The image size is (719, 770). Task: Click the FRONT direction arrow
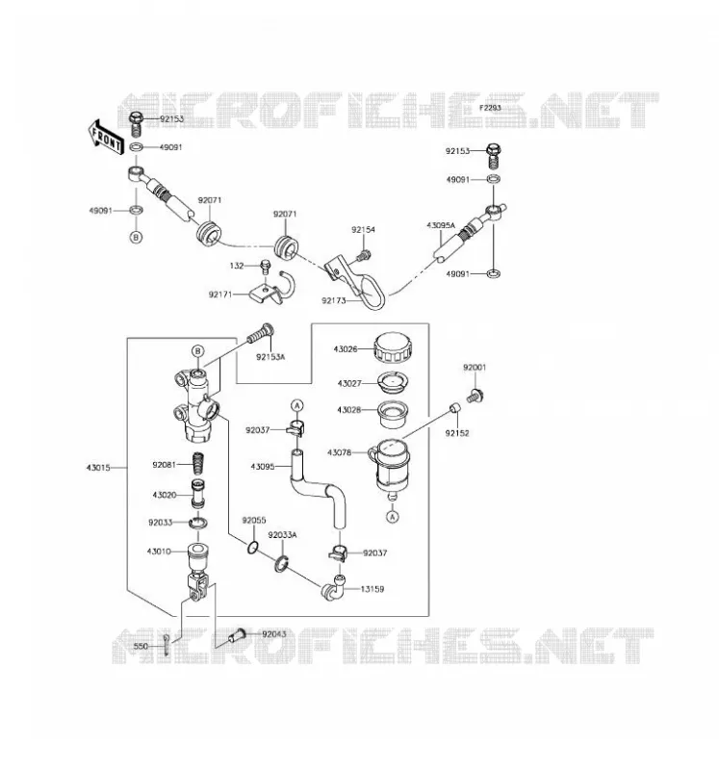(x=106, y=138)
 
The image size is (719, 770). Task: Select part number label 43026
(x=346, y=349)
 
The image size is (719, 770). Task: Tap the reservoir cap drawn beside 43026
(x=393, y=347)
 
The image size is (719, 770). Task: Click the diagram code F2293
(x=490, y=108)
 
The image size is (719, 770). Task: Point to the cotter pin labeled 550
(x=167, y=644)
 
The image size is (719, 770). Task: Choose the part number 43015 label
(x=98, y=468)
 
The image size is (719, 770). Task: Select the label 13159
(x=372, y=589)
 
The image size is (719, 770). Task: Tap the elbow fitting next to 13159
(x=333, y=587)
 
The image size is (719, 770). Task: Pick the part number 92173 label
(x=334, y=300)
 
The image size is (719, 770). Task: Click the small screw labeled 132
(x=266, y=267)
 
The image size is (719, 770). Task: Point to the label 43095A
(x=441, y=225)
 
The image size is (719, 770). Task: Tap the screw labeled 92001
(x=475, y=396)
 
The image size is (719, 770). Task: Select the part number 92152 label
(x=457, y=433)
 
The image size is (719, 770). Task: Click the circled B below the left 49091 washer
(x=136, y=237)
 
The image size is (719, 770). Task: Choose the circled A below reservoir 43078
(x=392, y=517)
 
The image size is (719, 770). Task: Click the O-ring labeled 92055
(x=252, y=547)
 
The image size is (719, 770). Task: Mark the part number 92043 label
(x=274, y=634)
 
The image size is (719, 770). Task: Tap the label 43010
(x=159, y=552)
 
